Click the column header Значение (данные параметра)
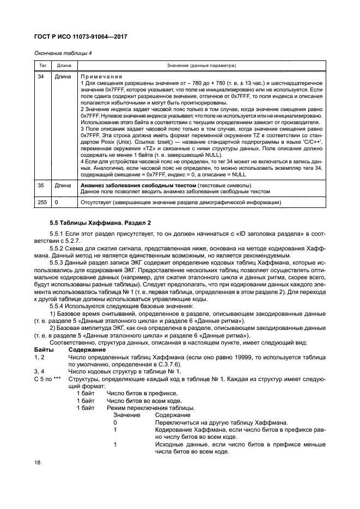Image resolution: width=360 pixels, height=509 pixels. point(198,65)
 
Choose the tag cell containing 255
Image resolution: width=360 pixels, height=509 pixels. point(41,203)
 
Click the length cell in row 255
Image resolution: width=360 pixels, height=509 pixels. point(57,203)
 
